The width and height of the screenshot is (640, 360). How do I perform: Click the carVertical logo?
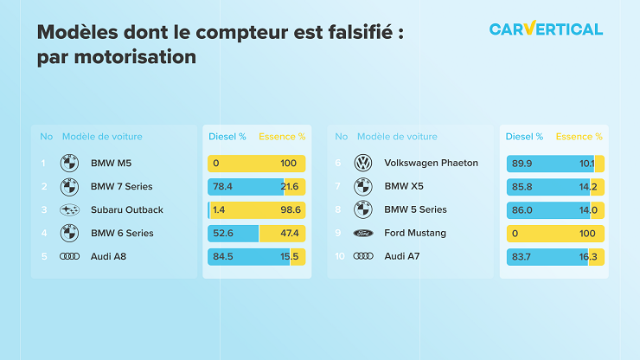pos(546,29)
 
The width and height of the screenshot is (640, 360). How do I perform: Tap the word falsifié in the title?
pos(361,32)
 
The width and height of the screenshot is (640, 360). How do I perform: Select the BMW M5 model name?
pos(111,163)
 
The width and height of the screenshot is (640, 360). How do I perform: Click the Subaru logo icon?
pos(69,210)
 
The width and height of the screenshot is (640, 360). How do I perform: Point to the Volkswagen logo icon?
pos(363,163)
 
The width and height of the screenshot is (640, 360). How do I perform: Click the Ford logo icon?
pos(363,234)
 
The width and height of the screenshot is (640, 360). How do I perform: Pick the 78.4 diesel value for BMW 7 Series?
pos(222,187)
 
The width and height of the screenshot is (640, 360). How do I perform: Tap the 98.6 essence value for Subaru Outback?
pos(291,210)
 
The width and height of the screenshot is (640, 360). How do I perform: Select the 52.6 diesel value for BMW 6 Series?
pos(223,234)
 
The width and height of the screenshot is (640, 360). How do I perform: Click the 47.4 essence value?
pos(290,234)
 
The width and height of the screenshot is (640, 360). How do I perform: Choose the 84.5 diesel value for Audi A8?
pos(223,257)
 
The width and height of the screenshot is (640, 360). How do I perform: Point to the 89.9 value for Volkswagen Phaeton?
pos(522,164)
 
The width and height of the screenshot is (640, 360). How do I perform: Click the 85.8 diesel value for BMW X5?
pos(522,187)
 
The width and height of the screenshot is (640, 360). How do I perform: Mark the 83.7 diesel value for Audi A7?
pos(522,257)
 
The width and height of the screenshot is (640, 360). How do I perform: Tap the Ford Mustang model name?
pos(415,233)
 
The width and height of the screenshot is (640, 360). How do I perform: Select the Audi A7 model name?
pos(402,256)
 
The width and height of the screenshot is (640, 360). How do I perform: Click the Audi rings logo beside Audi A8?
pos(69,256)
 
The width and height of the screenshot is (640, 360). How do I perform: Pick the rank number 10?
pos(340,256)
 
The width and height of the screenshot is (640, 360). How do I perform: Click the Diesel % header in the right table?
pos(524,137)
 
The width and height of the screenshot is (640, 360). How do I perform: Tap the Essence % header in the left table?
pos(282,137)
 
